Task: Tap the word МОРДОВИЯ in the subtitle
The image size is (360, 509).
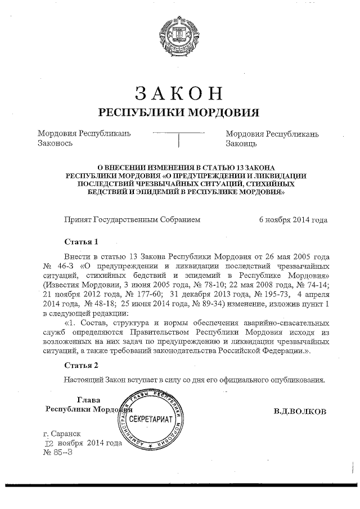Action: tap(223, 112)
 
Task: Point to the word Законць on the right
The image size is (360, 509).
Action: tap(241, 143)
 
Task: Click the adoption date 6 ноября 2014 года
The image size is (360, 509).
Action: tap(293, 220)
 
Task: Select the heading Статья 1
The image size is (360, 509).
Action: tap(81, 242)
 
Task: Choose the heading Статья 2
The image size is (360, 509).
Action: tap(81, 366)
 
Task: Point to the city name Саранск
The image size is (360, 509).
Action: tap(66, 434)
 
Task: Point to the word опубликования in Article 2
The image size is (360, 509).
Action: tap(298, 379)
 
